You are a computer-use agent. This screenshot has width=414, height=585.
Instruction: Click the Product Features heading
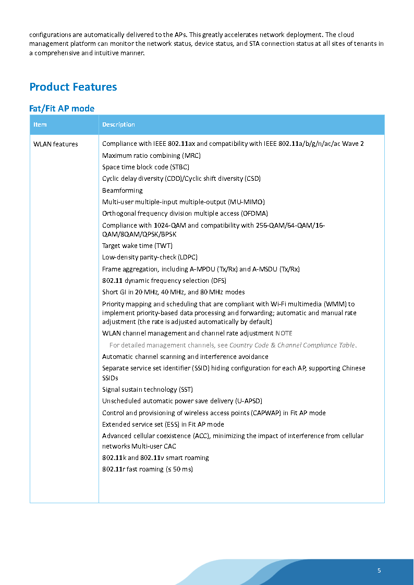(x=73, y=87)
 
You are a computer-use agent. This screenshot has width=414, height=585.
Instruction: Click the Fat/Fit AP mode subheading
(x=62, y=108)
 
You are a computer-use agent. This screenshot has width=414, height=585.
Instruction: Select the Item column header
(x=40, y=125)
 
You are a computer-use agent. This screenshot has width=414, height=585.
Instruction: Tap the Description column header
(x=118, y=125)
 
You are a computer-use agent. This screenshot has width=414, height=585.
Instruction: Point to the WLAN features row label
(x=56, y=144)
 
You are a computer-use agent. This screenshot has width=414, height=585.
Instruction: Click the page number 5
(x=379, y=570)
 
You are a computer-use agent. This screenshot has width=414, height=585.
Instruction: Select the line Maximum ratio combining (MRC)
(x=151, y=155)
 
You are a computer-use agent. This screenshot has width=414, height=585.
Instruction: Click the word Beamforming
(x=122, y=190)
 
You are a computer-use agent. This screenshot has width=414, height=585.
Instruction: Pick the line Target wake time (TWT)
(x=137, y=245)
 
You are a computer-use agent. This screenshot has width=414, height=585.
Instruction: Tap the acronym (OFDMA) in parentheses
(x=254, y=213)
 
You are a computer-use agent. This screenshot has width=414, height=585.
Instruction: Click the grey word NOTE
(x=284, y=333)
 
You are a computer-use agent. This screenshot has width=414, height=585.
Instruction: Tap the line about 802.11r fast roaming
(x=148, y=469)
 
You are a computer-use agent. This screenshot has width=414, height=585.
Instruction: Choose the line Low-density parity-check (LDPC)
(x=150, y=257)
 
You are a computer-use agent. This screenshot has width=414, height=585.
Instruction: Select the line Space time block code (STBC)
(x=145, y=167)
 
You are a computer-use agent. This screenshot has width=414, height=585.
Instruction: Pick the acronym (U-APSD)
(x=248, y=401)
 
